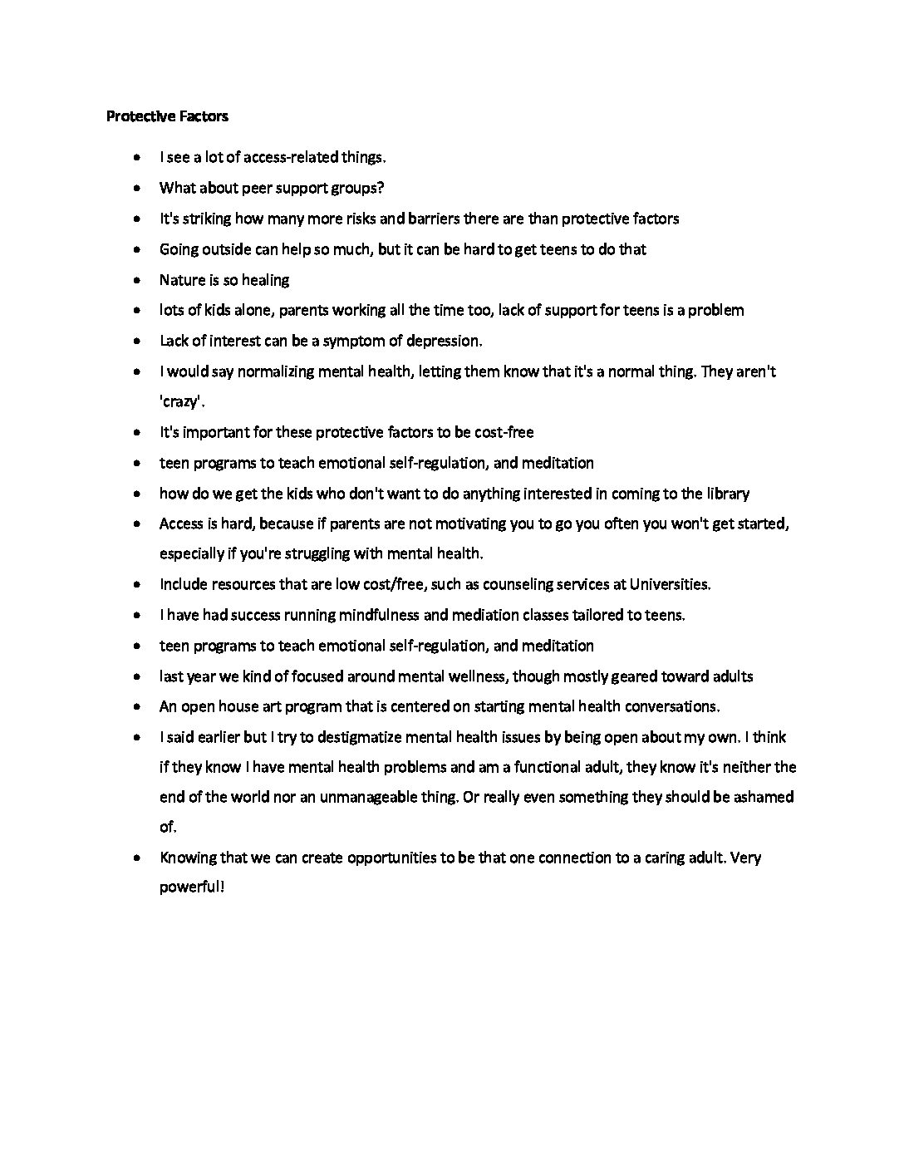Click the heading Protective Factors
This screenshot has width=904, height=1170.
167,116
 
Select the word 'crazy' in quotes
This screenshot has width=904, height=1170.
180,402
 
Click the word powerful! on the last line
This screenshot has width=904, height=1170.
192,887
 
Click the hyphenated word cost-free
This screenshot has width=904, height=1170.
504,432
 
